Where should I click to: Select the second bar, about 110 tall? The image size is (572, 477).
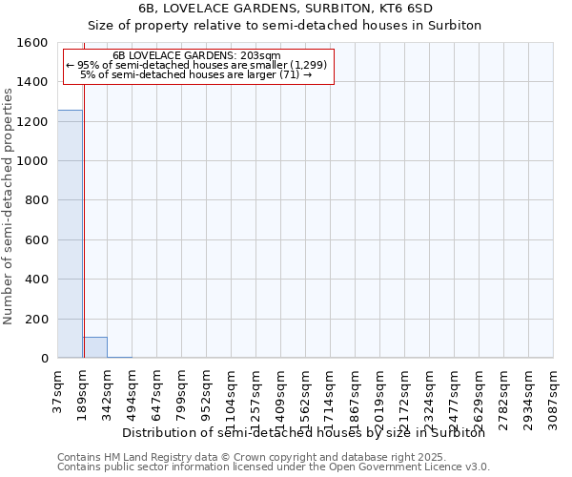[94, 347]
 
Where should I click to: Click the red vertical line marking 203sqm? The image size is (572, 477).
[84, 238]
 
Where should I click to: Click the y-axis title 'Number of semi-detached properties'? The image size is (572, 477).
[9, 202]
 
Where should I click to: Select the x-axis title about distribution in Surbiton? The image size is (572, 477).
[304, 433]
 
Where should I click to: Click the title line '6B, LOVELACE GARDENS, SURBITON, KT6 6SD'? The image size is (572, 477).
[286, 8]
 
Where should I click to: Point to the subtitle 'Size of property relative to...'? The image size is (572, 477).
[286, 25]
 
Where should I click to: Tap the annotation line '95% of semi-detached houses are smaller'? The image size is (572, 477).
[197, 65]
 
